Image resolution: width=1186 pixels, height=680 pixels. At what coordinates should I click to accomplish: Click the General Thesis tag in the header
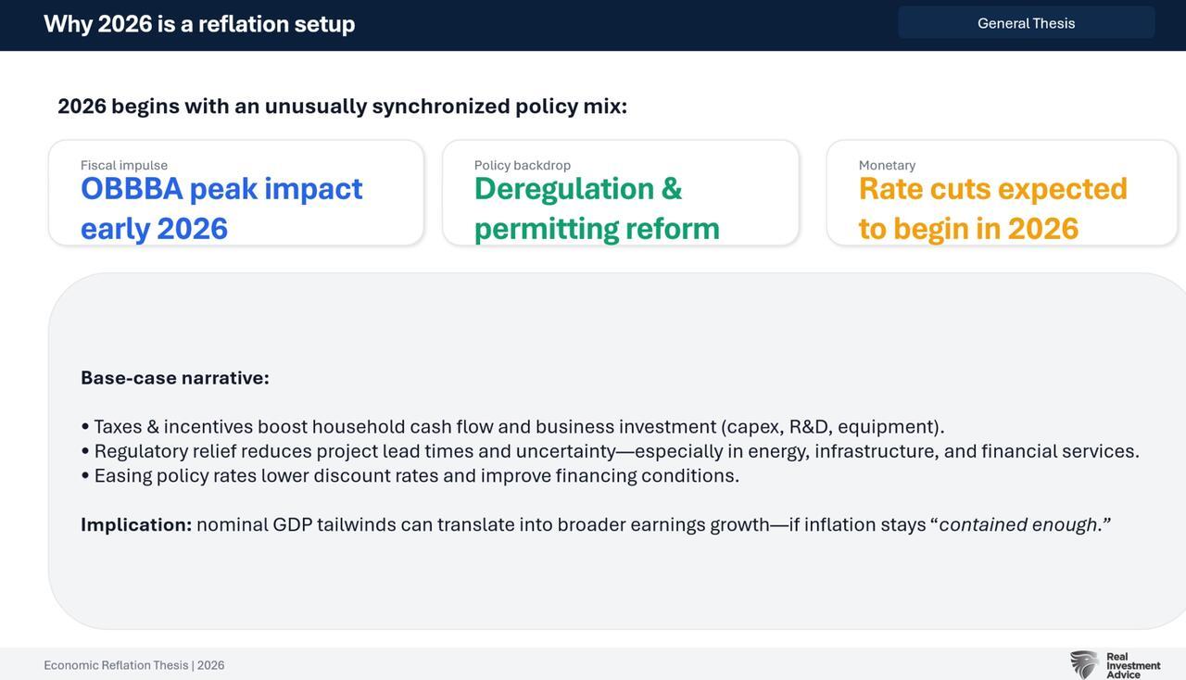tap(1026, 23)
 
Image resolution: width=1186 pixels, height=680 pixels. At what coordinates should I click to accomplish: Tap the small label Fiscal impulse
tap(124, 165)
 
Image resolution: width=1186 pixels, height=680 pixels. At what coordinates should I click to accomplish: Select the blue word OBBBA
tap(132, 189)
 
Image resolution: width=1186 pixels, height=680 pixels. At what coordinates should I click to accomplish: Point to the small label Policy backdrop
tap(522, 165)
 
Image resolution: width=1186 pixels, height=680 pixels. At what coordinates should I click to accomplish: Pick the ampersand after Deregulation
tap(672, 189)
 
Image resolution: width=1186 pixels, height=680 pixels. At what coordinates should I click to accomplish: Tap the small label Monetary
tap(887, 165)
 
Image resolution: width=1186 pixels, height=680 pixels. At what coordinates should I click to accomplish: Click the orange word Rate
tap(890, 189)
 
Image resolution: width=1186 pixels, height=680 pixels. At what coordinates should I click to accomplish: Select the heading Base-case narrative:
tap(175, 378)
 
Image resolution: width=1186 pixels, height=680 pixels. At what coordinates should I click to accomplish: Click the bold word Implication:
tap(136, 525)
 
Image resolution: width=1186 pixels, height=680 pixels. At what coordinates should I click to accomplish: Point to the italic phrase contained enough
tap(1017, 525)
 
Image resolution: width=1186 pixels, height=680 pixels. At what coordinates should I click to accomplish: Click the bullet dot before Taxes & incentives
tap(85, 426)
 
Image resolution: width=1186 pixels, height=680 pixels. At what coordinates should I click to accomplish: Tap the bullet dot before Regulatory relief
tap(85, 451)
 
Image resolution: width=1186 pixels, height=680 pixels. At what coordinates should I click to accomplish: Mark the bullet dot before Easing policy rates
tap(85, 475)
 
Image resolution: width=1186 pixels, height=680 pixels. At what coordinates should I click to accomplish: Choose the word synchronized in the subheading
tap(441, 107)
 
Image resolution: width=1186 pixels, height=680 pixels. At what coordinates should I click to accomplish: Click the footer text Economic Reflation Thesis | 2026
tap(134, 665)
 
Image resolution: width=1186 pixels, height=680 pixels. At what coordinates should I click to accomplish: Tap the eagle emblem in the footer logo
tap(1084, 664)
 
